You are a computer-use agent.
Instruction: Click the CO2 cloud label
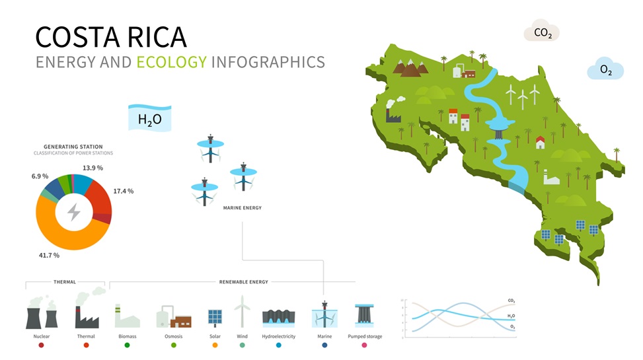click(542, 32)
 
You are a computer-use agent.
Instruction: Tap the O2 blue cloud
click(605, 69)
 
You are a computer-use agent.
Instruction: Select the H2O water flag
click(149, 120)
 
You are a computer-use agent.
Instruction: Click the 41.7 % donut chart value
click(49, 255)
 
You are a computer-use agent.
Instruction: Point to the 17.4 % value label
click(123, 191)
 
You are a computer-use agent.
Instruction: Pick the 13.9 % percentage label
click(93, 168)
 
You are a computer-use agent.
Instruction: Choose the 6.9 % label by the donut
click(40, 177)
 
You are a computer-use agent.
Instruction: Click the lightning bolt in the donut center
click(73, 212)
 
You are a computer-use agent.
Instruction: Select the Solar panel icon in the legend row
click(215, 318)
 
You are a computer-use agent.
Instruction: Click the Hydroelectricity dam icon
click(278, 317)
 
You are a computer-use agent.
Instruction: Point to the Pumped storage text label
click(365, 336)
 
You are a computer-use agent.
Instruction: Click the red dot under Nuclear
click(41, 345)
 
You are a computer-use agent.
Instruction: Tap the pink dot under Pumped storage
click(364, 345)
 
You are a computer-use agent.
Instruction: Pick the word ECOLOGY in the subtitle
click(171, 63)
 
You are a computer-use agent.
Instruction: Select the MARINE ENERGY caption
click(242, 208)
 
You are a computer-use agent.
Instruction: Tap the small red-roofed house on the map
click(540, 142)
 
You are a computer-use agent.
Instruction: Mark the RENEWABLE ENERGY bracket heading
click(243, 282)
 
